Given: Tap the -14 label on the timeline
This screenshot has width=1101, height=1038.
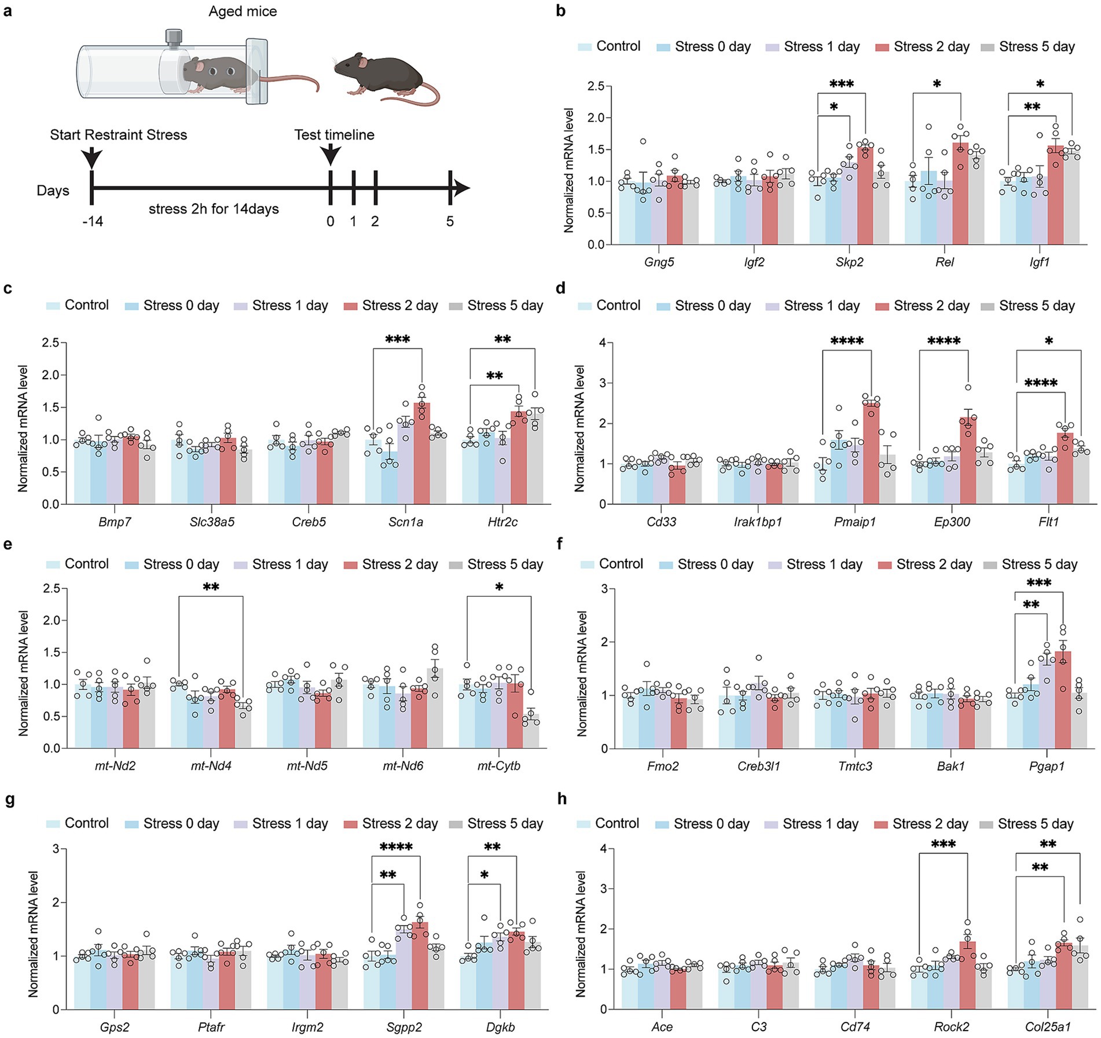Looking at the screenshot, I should [92, 222].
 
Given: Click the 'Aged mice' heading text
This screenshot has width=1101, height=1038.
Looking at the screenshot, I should [243, 12].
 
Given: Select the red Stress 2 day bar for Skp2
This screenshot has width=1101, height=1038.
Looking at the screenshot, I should [865, 197].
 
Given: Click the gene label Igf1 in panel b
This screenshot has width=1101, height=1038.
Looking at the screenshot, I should [1039, 262].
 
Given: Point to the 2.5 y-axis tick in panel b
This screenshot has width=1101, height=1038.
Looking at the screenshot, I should [596, 86].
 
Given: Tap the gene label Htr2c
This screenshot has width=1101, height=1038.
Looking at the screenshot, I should [502, 522].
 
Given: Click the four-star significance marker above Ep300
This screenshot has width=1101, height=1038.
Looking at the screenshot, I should [943, 342].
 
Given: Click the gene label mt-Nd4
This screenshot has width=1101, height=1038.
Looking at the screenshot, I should [211, 766].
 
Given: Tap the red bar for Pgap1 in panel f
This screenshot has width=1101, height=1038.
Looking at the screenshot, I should [1063, 700].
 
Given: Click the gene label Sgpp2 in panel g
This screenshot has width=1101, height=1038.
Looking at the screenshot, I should [404, 1027].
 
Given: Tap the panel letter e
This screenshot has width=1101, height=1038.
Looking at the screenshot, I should [8, 545].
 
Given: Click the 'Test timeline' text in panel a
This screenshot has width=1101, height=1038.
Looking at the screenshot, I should [334, 135].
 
